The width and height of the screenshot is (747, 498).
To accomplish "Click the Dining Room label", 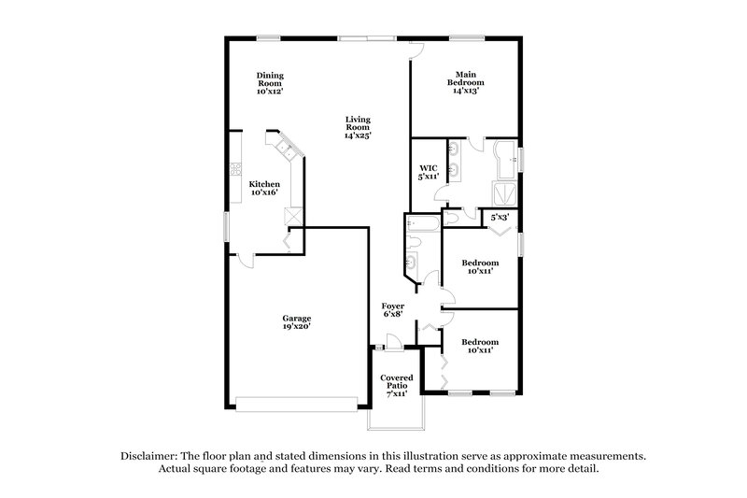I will pos(271,82).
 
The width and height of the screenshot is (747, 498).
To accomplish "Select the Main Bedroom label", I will pos(467,82).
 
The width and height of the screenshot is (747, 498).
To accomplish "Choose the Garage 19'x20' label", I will pos(297,322).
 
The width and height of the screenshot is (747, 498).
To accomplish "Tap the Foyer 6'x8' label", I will pos(393,311).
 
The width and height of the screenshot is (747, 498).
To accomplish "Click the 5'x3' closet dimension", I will pos(500,218).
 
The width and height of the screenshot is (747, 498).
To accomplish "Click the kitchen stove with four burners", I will pos(233,171).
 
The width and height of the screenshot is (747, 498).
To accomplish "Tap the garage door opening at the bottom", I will pos(297,403).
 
